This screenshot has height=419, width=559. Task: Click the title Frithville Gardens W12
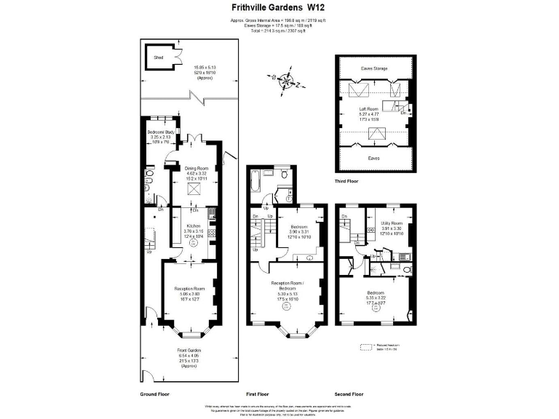pyautogui.click(x=278, y=8)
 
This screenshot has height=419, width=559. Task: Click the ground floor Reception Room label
pyautogui.click(x=189, y=289)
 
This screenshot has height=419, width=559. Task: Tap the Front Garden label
pyautogui.click(x=189, y=351)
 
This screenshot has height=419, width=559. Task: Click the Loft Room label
pyautogui.click(x=375, y=109)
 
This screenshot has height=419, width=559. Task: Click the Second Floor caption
pyautogui.click(x=349, y=394)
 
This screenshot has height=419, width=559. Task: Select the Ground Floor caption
pyautogui.click(x=155, y=394)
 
